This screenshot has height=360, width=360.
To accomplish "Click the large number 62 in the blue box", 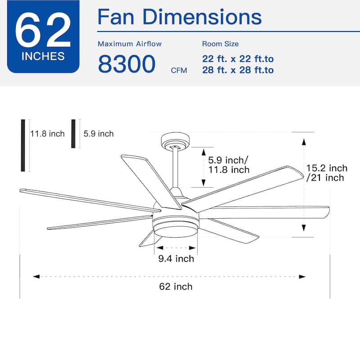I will pyautogui.click(x=43, y=32).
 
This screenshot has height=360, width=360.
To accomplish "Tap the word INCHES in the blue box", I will pyautogui.click(x=43, y=57).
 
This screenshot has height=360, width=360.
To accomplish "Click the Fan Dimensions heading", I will pyautogui.click(x=180, y=17).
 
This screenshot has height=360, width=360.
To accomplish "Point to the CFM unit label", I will pyautogui.click(x=179, y=70).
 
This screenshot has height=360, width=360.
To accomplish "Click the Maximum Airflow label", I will pyautogui.click(x=130, y=44).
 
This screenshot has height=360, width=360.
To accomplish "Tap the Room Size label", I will pyautogui.click(x=220, y=44).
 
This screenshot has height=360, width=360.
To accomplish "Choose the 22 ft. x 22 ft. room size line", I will pyautogui.click(x=238, y=59).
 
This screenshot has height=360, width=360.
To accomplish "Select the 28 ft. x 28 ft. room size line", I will pyautogui.click(x=238, y=70).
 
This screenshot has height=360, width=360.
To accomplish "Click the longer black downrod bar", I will pyautogui.click(x=23, y=145).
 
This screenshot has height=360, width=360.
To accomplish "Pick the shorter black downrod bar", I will pyautogui.click(x=73, y=134).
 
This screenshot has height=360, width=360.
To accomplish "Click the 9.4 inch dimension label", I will pyautogui.click(x=176, y=258).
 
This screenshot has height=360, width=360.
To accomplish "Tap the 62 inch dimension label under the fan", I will pyautogui.click(x=176, y=286).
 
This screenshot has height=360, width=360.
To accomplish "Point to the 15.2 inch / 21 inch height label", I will pyautogui.click(x=327, y=173).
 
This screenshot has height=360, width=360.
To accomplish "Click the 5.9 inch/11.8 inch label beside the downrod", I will pyautogui.click(x=229, y=165).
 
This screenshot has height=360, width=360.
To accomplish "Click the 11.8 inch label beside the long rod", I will pyautogui.click(x=47, y=134).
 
